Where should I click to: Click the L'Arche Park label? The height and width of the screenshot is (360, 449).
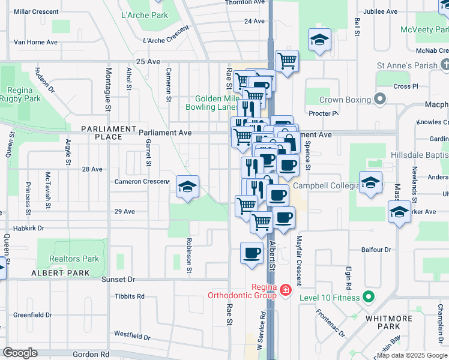[x=144, y=15]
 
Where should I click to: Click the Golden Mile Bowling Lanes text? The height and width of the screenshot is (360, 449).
[x=217, y=103]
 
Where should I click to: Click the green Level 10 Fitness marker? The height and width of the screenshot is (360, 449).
[x=369, y=297]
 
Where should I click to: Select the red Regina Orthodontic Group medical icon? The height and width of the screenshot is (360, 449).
[x=285, y=291]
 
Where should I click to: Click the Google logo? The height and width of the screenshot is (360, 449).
[x=20, y=353]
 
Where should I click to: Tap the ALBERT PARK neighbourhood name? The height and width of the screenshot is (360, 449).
[x=61, y=273]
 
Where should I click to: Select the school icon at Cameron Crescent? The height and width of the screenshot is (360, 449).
[x=187, y=188]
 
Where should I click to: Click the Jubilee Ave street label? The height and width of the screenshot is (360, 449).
[x=380, y=11]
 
